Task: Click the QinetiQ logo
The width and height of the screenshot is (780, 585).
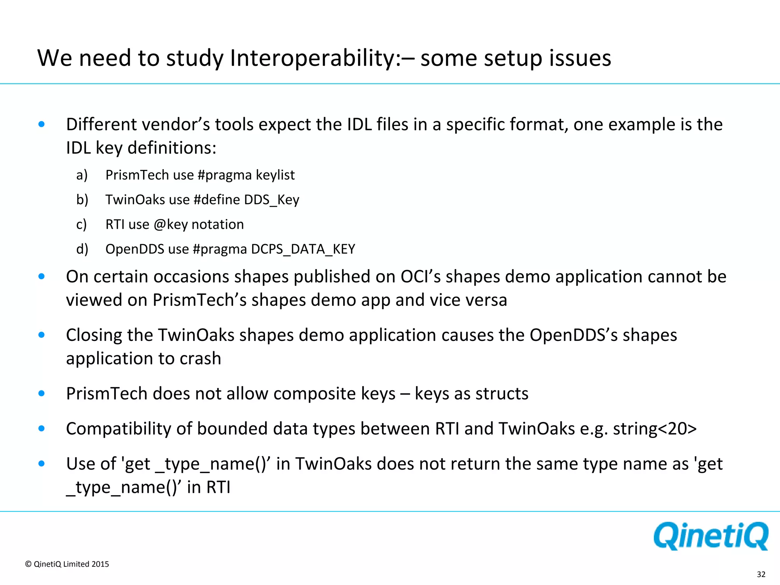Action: (711, 536)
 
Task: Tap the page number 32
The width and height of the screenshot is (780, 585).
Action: (761, 574)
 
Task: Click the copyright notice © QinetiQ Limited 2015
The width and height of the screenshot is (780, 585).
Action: (67, 564)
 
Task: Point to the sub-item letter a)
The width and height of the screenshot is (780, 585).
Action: (82, 175)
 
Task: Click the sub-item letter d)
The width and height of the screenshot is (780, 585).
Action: (82, 249)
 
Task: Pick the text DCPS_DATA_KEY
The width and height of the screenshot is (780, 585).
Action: (303, 249)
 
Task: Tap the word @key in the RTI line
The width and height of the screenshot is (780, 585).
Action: (171, 224)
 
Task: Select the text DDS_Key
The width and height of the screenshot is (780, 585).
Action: (272, 200)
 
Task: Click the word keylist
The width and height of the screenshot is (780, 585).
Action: (275, 175)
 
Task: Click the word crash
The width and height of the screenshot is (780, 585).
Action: (200, 358)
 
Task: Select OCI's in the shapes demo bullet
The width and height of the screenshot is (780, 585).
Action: (420, 277)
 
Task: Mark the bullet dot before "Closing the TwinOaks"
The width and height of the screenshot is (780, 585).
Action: (42, 335)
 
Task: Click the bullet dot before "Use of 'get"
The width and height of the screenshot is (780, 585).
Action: (42, 464)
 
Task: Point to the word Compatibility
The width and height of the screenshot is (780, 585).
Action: (129, 429)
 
